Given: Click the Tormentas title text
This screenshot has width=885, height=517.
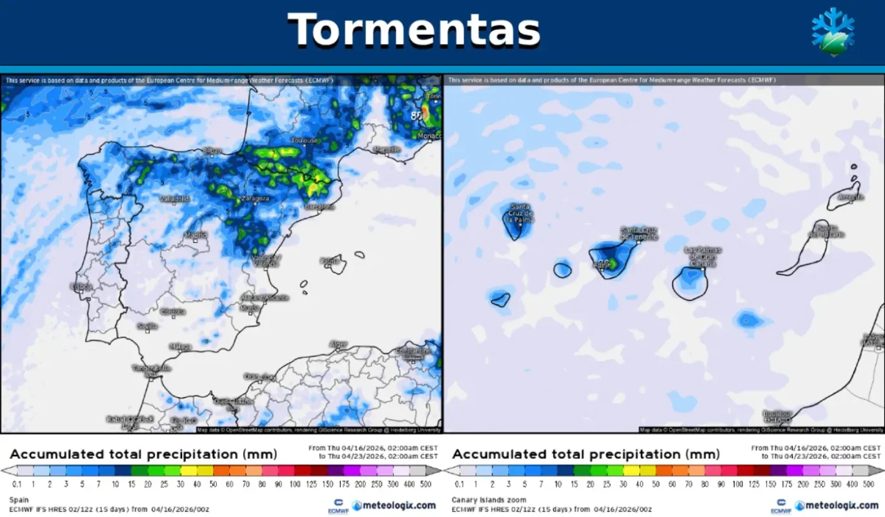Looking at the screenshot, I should click(414, 29).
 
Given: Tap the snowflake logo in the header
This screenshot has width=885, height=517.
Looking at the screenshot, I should click(832, 32).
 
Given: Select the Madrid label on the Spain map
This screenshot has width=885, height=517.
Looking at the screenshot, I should click(196, 235).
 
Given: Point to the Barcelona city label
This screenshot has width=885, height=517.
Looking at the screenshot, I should click(320, 207).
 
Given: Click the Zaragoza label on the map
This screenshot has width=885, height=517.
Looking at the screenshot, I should click(255, 198).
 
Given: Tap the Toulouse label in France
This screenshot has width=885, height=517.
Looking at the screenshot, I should click(304, 140).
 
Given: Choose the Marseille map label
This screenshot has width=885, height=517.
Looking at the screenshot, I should click(387, 149).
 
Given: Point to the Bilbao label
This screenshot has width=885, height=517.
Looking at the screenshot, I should click(212, 151).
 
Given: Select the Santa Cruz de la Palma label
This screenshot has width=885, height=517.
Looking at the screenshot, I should click(520, 212).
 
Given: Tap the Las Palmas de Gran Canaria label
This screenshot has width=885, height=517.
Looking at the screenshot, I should click(703, 256).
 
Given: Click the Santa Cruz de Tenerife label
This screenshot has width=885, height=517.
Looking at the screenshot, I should click(638, 233).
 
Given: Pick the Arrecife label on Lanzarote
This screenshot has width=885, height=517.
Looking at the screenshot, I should click(849, 196).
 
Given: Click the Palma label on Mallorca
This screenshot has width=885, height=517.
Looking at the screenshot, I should click(329, 260).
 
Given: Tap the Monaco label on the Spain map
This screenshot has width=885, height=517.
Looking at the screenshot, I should click(429, 136).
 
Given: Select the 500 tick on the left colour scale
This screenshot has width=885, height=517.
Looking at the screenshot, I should click(425, 484).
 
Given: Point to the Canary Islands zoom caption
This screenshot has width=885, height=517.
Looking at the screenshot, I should click(489, 500).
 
